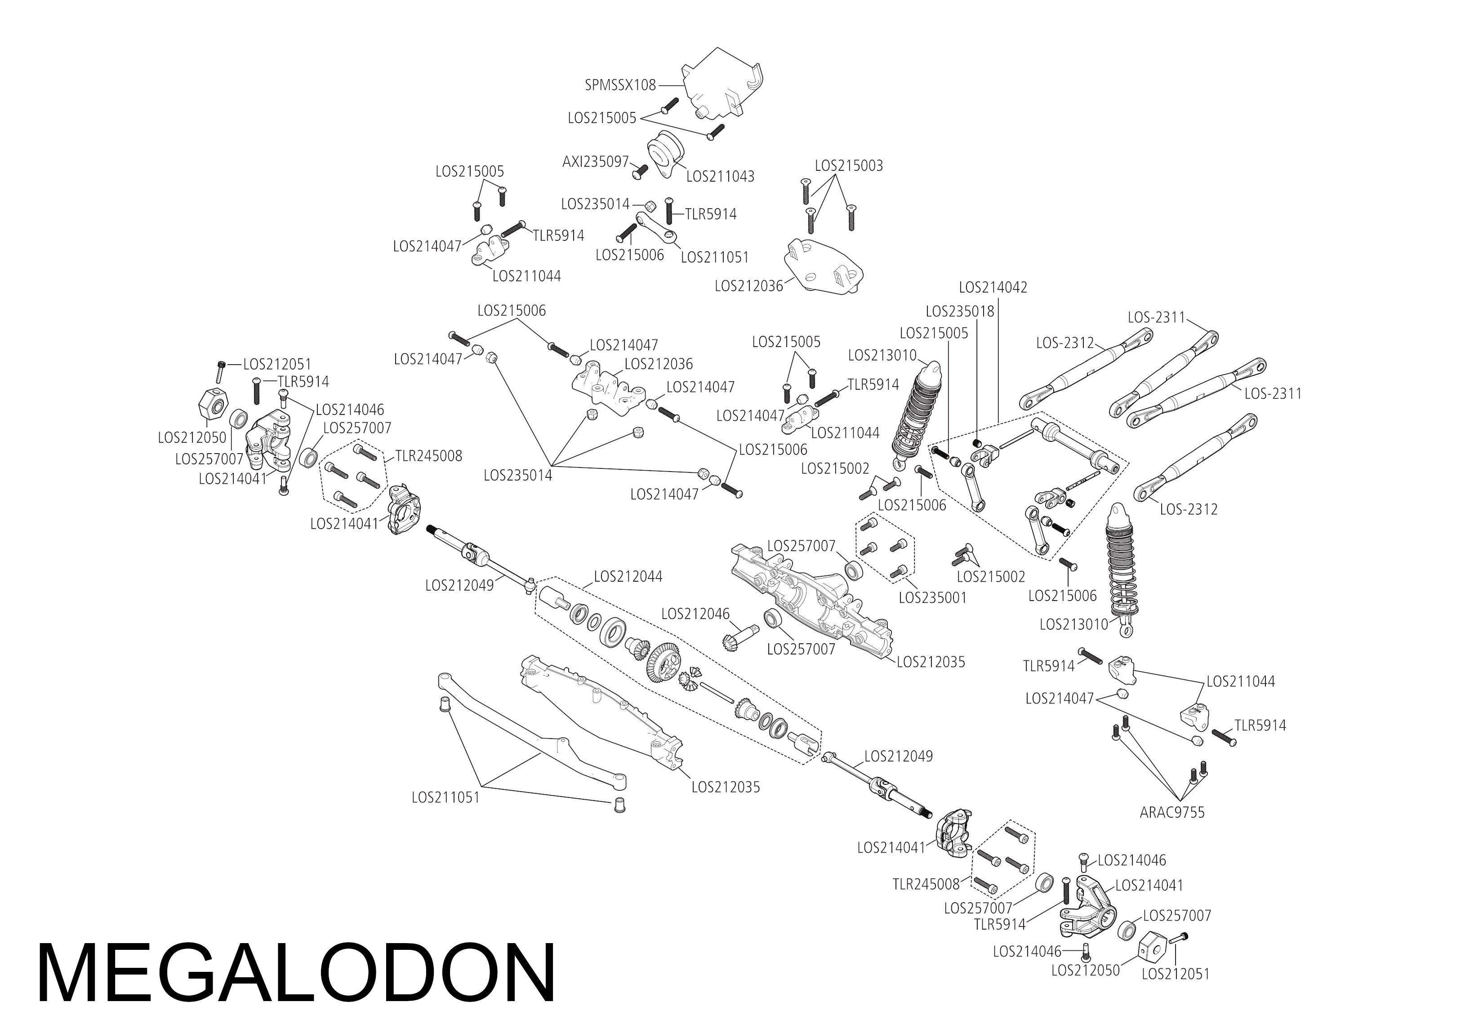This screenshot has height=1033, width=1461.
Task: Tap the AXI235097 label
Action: pos(595,162)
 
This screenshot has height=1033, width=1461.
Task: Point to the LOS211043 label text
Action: pos(720,176)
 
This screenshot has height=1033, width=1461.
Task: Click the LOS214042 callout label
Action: pos(992,287)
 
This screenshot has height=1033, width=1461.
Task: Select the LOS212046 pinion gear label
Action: pos(695,614)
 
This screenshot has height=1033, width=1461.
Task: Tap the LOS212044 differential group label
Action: pos(628,577)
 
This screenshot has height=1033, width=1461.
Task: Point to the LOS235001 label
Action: pos(932,598)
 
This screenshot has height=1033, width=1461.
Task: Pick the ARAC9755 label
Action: pos(1171,813)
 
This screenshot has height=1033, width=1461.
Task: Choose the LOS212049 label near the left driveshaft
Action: pos(459,585)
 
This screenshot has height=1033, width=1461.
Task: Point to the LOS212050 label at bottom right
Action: pos(1085,971)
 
